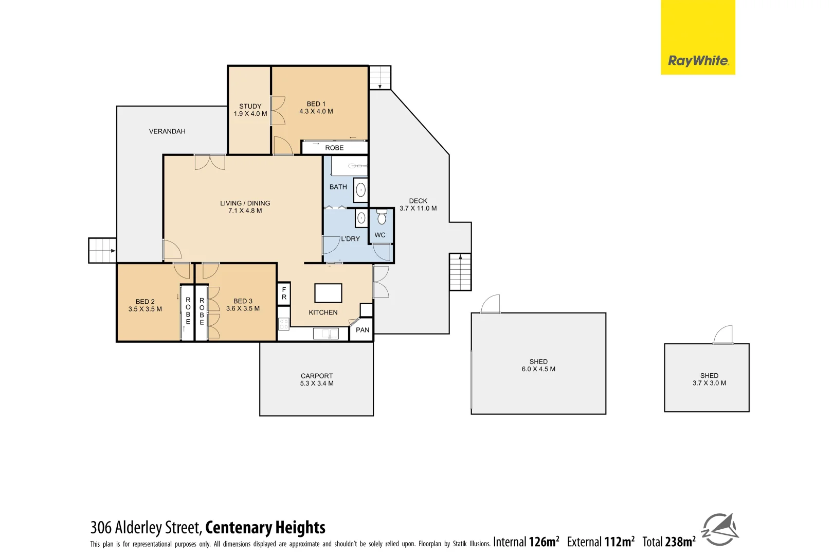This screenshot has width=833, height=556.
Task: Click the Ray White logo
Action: coord(698,61)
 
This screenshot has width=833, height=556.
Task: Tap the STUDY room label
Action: coord(250,106)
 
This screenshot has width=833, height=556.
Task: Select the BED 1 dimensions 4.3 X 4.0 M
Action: coord(316,111)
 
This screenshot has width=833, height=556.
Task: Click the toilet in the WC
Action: coord(382,217)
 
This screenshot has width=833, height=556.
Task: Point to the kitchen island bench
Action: coord(328,293)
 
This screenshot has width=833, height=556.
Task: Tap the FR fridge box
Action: coord(284,293)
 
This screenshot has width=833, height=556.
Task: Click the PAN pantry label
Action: coord(363,330)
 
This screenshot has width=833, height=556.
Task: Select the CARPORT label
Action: coord(317,376)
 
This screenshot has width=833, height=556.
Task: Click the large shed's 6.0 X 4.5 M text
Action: coord(538,369)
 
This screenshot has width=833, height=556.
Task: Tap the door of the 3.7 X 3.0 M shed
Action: coord(723,335)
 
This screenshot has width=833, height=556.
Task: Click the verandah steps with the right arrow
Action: coord(102,251)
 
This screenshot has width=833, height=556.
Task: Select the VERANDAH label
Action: coord(167,131)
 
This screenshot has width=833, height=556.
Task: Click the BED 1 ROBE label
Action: coord(334,148)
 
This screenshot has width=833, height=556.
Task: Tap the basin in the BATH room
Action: coord(361,190)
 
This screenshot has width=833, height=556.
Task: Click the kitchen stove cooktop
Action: coord(284,324)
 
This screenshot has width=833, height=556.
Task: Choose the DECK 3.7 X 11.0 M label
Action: coord(418,204)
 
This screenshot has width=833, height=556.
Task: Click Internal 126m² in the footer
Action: coord(526,542)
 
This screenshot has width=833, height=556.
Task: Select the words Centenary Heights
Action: coord(265,528)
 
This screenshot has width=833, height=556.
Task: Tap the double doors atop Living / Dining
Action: coord(210,162)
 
